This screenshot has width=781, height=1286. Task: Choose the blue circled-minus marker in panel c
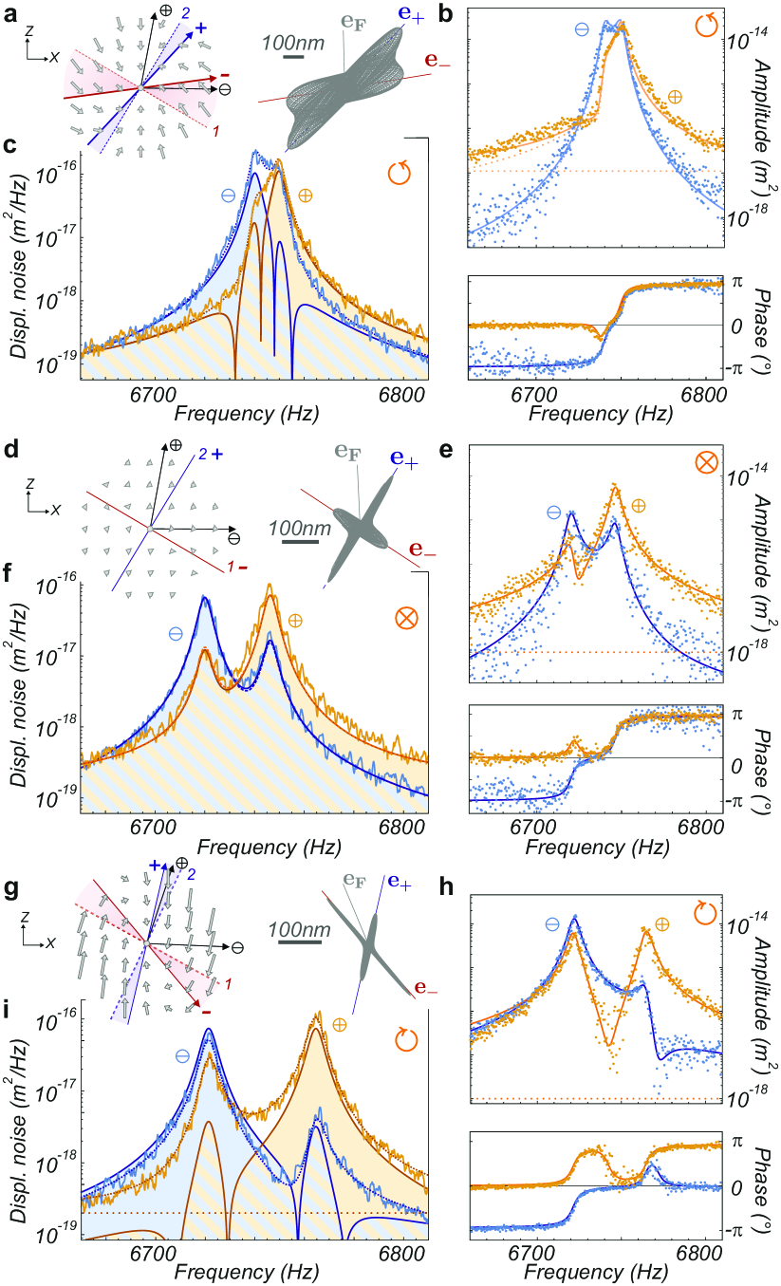[229, 195]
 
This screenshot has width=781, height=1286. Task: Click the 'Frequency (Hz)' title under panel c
[242, 415]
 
